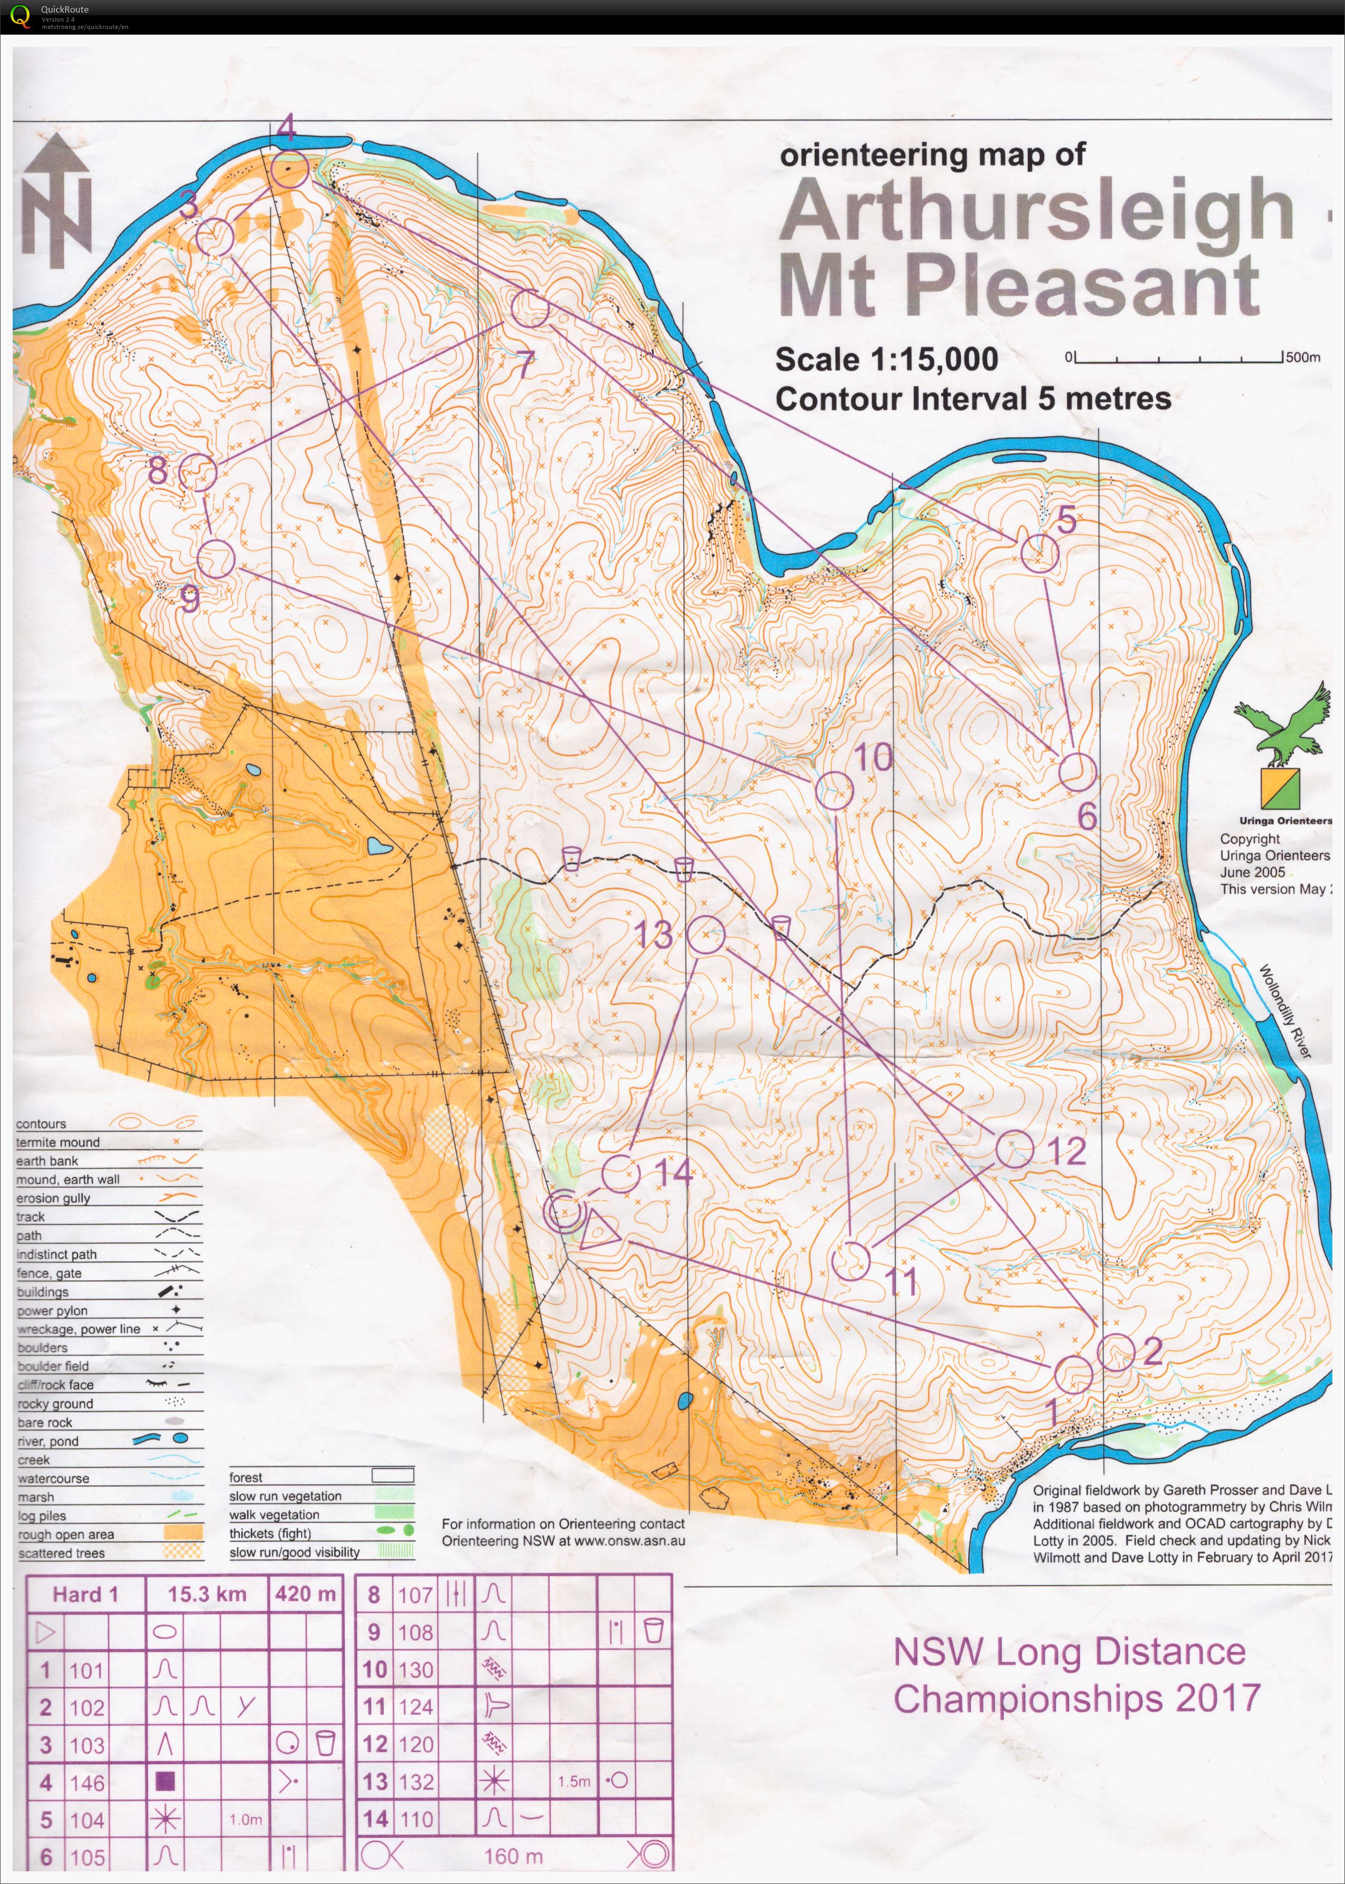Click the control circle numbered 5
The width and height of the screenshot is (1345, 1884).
[x=1039, y=552]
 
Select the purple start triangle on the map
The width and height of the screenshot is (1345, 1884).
[x=599, y=1229]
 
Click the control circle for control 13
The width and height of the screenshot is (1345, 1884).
[x=706, y=936]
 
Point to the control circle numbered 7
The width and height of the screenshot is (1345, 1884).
[x=530, y=309]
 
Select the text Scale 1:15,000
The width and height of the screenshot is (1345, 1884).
[x=886, y=360]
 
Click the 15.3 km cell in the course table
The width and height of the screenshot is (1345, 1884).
[x=207, y=1594]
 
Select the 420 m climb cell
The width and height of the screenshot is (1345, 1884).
[x=306, y=1594]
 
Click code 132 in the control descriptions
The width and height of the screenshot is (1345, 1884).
[x=416, y=1782]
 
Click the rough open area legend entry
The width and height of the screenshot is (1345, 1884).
[x=66, y=1535]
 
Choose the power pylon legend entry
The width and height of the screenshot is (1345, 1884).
[x=52, y=1311]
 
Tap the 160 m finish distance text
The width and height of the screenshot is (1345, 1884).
[x=513, y=1857]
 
